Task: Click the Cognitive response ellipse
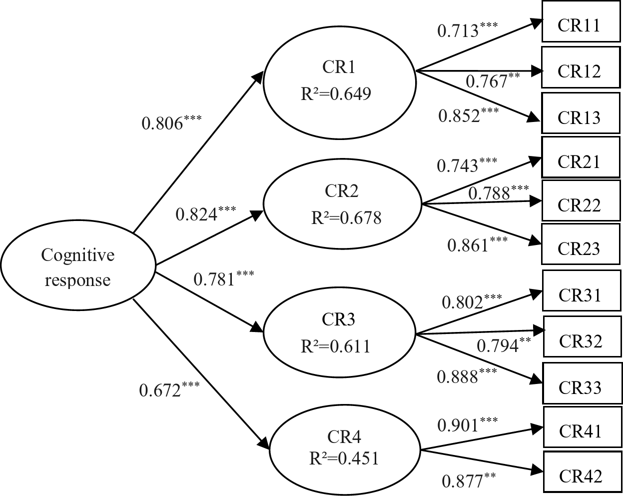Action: [x=78, y=267]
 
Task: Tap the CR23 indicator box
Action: [x=579, y=248]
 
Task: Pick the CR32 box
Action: [x=581, y=340]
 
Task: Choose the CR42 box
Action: [x=581, y=476]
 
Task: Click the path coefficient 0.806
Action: [x=163, y=123]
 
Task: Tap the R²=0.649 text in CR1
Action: [x=336, y=93]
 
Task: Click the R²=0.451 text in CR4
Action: [x=344, y=458]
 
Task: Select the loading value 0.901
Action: [x=459, y=425]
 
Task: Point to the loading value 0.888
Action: [x=458, y=376]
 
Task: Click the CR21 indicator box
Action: [x=579, y=161]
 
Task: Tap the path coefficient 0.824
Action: [x=197, y=214]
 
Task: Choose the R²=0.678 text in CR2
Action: [x=346, y=218]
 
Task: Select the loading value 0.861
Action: [x=468, y=245]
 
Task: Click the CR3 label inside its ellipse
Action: [x=339, y=318]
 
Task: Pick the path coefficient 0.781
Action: [x=214, y=278]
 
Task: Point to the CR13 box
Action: [x=579, y=117]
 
